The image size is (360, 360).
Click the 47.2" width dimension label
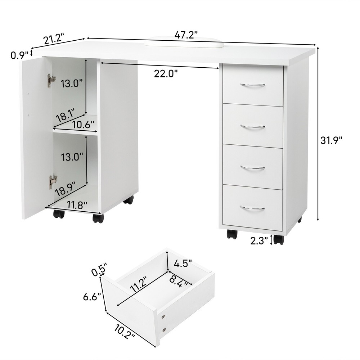tap(186, 35)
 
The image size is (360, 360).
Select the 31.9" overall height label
tap(331, 140)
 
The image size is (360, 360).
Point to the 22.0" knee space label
tap(166, 73)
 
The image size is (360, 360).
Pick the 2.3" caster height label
tap(259, 240)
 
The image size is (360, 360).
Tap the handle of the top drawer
tap(253, 85)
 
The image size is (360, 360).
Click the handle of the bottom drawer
tap(252, 208)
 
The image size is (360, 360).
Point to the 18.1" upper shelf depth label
tap(65, 116)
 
